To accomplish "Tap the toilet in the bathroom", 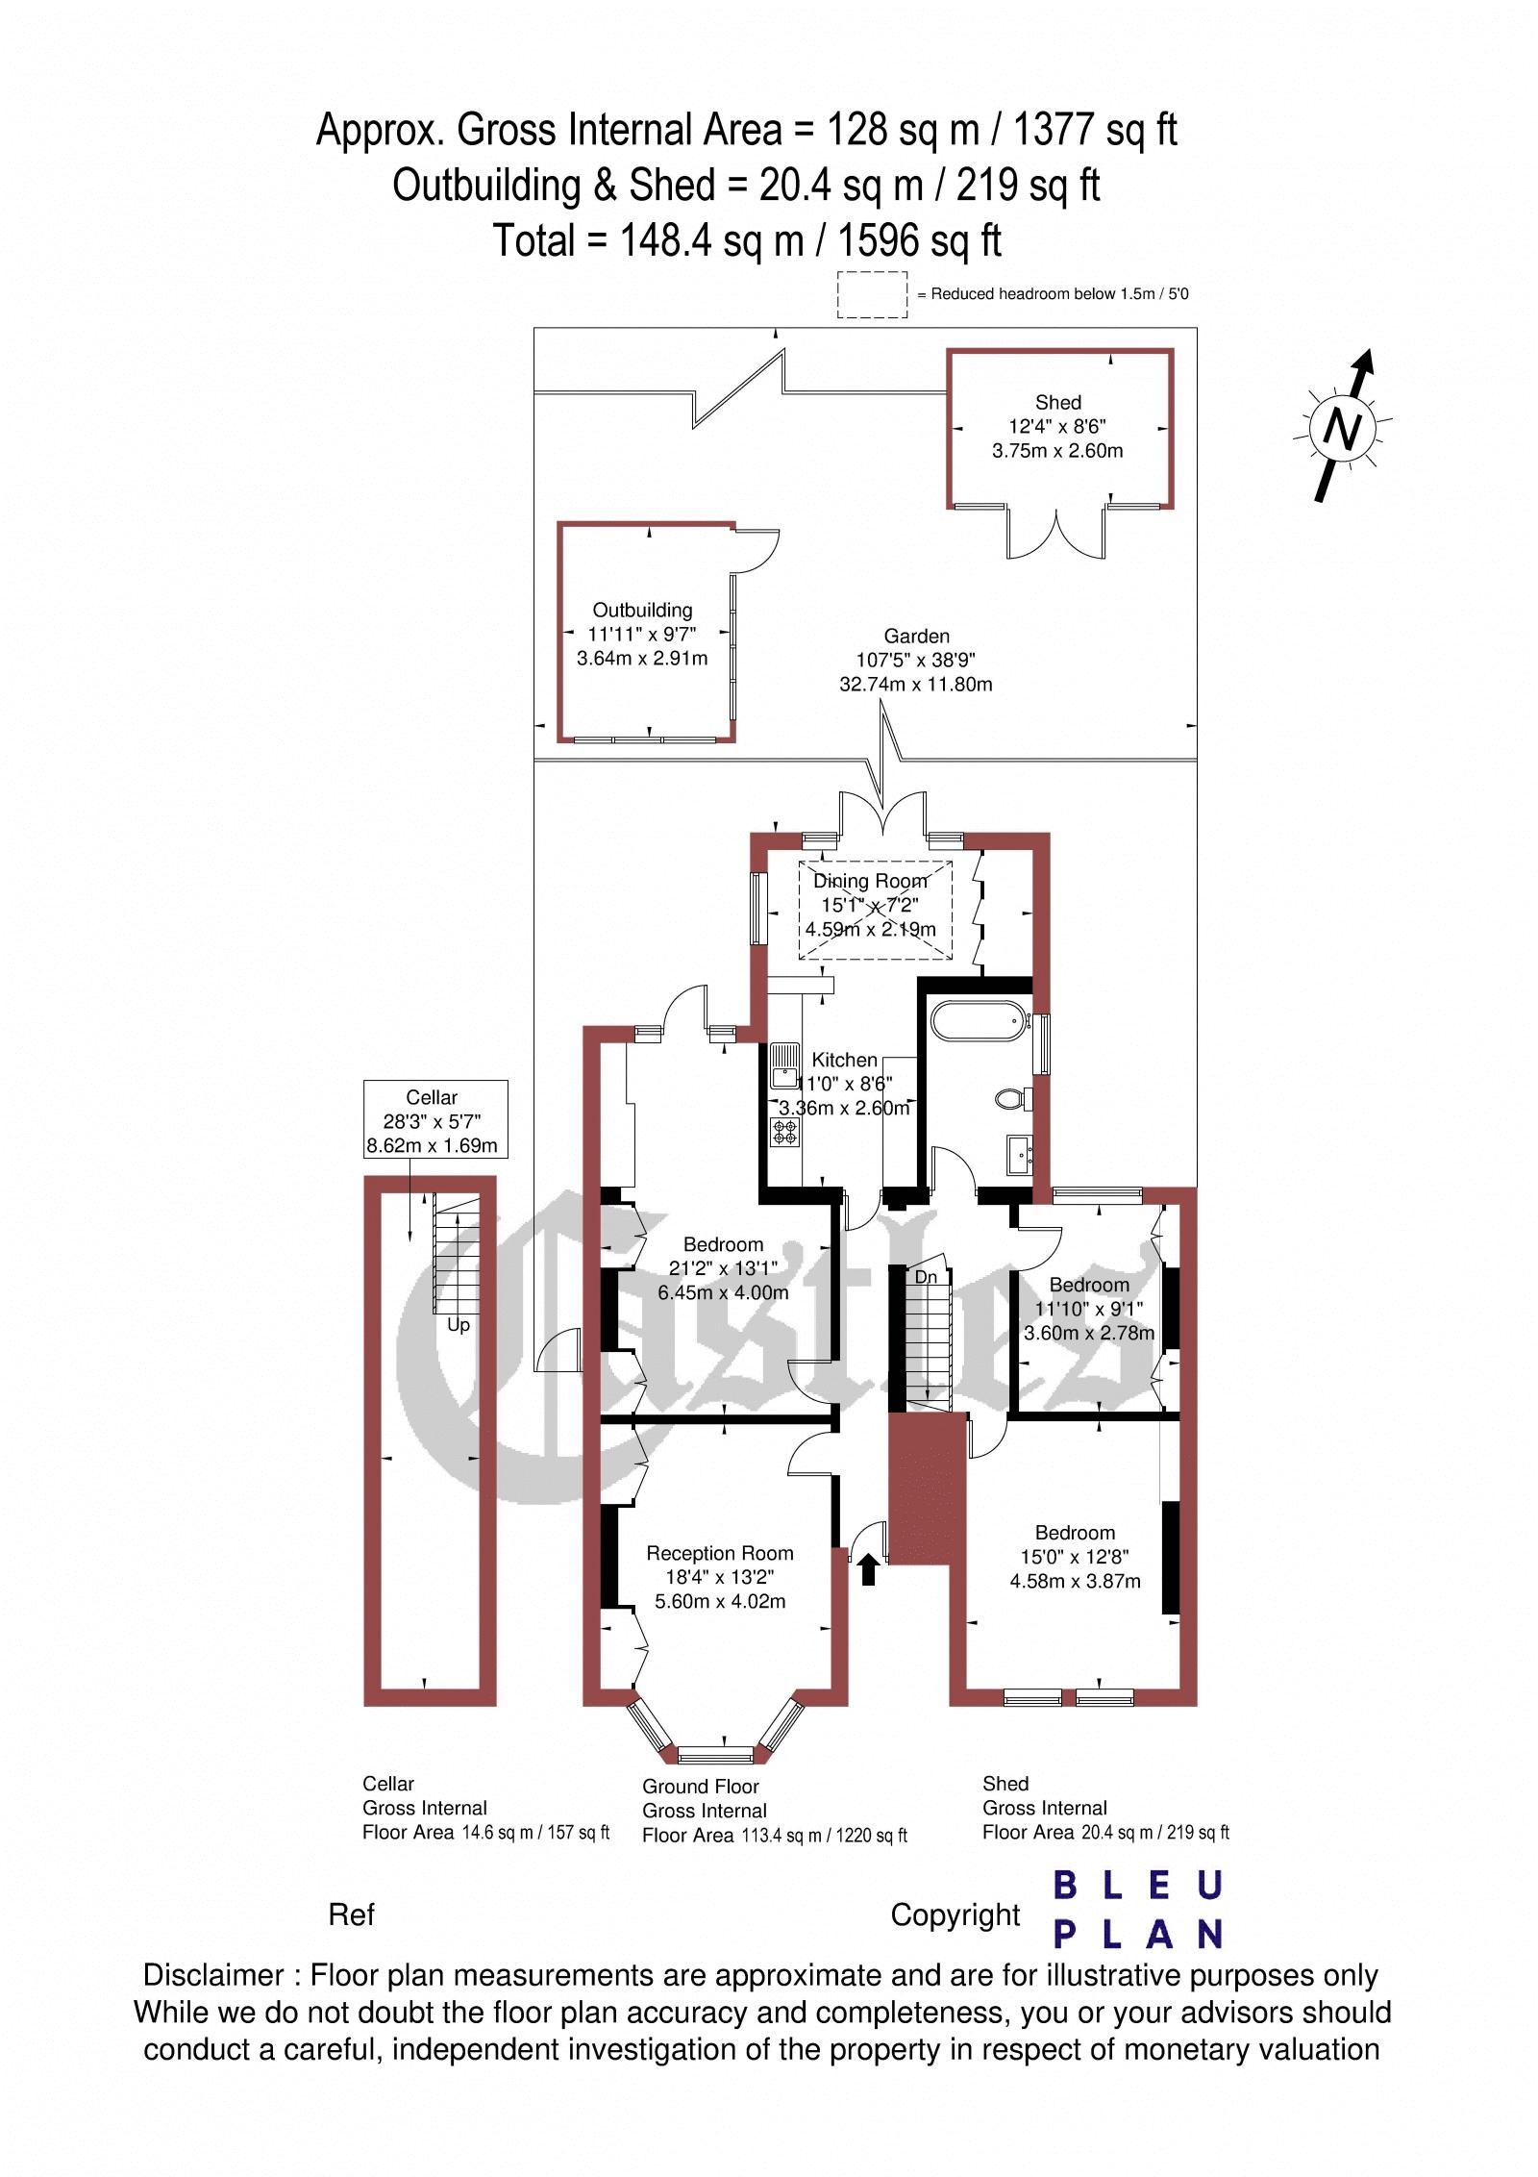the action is [1013, 1097].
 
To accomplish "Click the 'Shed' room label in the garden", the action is [1057, 403].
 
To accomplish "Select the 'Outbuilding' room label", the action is [642, 610].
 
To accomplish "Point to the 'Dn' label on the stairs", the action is [926, 1278].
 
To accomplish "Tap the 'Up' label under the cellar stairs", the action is [459, 1325].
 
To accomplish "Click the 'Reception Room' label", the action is [720, 1553].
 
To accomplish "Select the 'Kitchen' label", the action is [845, 1060].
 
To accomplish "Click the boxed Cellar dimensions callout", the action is [434, 1120].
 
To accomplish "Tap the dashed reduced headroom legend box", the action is [872, 294].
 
